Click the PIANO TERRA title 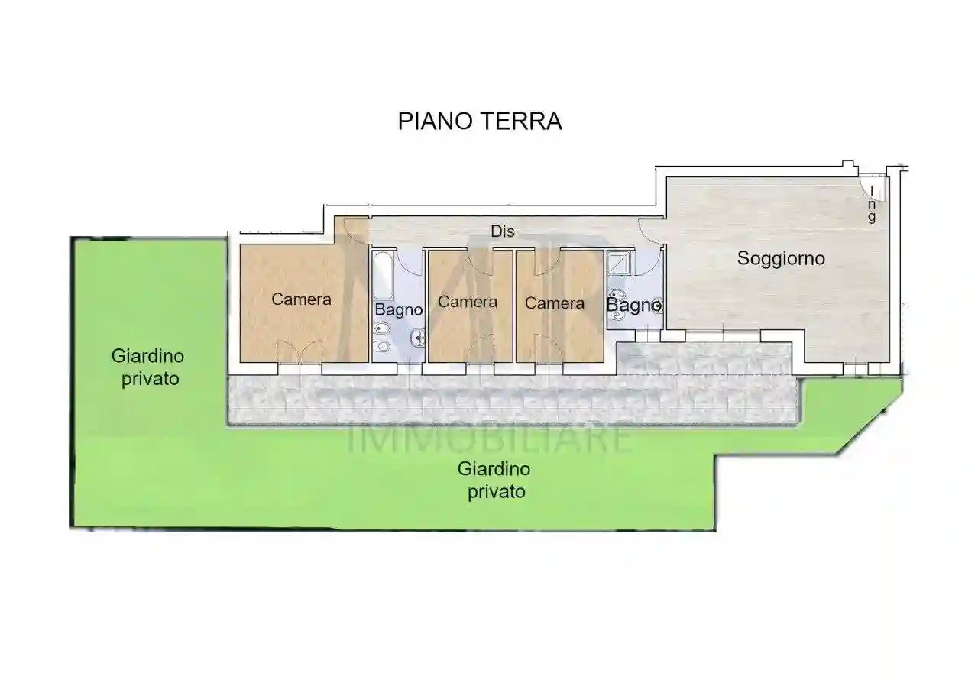[x=480, y=121]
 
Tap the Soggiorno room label [x=781, y=258]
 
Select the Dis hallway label [x=502, y=231]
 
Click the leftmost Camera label [x=301, y=299]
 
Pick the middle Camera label [x=467, y=303]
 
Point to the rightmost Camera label [x=555, y=303]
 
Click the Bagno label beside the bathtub [x=398, y=309]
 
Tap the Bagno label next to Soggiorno [x=633, y=305]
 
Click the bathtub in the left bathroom [x=383, y=277]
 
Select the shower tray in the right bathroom [x=619, y=264]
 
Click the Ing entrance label [x=872, y=206]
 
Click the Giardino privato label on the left [x=147, y=367]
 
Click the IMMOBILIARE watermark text [x=490, y=439]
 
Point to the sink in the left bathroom [x=417, y=338]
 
